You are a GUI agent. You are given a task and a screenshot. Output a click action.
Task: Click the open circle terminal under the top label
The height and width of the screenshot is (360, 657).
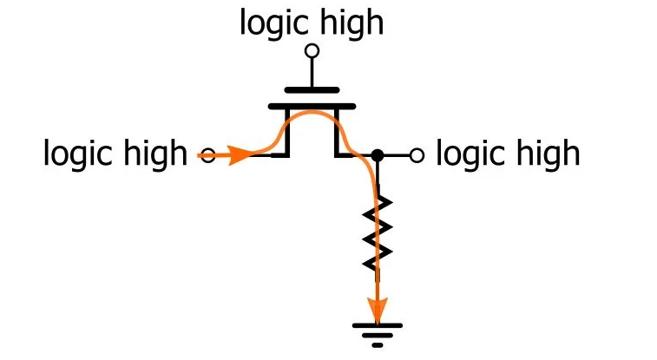click(312, 51)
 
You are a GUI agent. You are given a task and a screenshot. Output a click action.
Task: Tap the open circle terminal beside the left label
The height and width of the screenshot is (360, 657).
click(206, 156)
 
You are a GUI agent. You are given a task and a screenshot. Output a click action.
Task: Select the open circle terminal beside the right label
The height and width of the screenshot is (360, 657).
click(417, 156)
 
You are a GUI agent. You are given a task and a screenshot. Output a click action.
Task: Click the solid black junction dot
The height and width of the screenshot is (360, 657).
click(378, 156)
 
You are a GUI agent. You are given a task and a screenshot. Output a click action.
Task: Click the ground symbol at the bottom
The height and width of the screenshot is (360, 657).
click(378, 332)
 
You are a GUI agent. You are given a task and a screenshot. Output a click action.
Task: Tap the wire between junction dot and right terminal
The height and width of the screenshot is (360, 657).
click(397, 156)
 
